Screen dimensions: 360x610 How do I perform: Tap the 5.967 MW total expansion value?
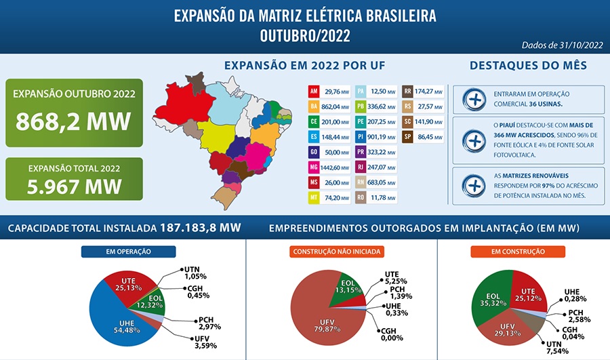point(75,185)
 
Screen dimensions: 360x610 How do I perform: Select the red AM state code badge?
point(314,91)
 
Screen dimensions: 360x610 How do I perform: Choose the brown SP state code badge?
point(408,137)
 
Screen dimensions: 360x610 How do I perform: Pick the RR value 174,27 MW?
point(428,91)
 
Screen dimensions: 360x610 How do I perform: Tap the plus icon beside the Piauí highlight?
point(474,141)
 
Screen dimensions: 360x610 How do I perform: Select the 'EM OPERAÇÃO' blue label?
point(129,252)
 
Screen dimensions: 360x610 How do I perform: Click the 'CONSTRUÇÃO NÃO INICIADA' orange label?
point(338,252)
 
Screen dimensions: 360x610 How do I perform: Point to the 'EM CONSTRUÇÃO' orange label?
point(518,252)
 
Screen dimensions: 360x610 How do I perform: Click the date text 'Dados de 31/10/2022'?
point(562,45)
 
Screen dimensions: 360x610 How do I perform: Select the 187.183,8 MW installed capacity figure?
point(201,228)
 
